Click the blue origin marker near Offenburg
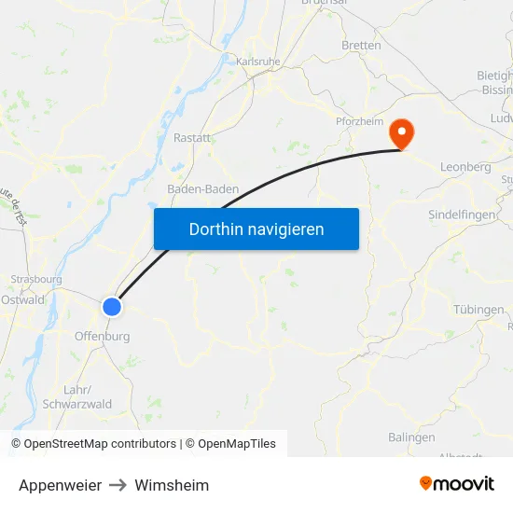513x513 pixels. click(x=112, y=306)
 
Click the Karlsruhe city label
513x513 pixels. click(x=258, y=62)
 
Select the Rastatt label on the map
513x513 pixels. click(x=192, y=138)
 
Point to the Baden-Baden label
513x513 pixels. click(x=202, y=189)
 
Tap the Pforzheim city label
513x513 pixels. click(x=360, y=121)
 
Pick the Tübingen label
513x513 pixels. click(x=478, y=310)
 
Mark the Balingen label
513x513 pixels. click(x=411, y=437)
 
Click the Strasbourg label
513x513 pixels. click(x=35, y=279)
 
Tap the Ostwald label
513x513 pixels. click(x=22, y=299)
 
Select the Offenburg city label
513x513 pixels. click(x=102, y=336)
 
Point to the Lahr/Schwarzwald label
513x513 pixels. click(x=77, y=396)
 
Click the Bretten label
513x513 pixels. click(x=361, y=45)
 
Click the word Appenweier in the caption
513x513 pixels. click(x=60, y=485)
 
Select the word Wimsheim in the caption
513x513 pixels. click(x=172, y=485)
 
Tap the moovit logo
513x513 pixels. click(x=457, y=484)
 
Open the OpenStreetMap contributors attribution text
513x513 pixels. click(x=100, y=444)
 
